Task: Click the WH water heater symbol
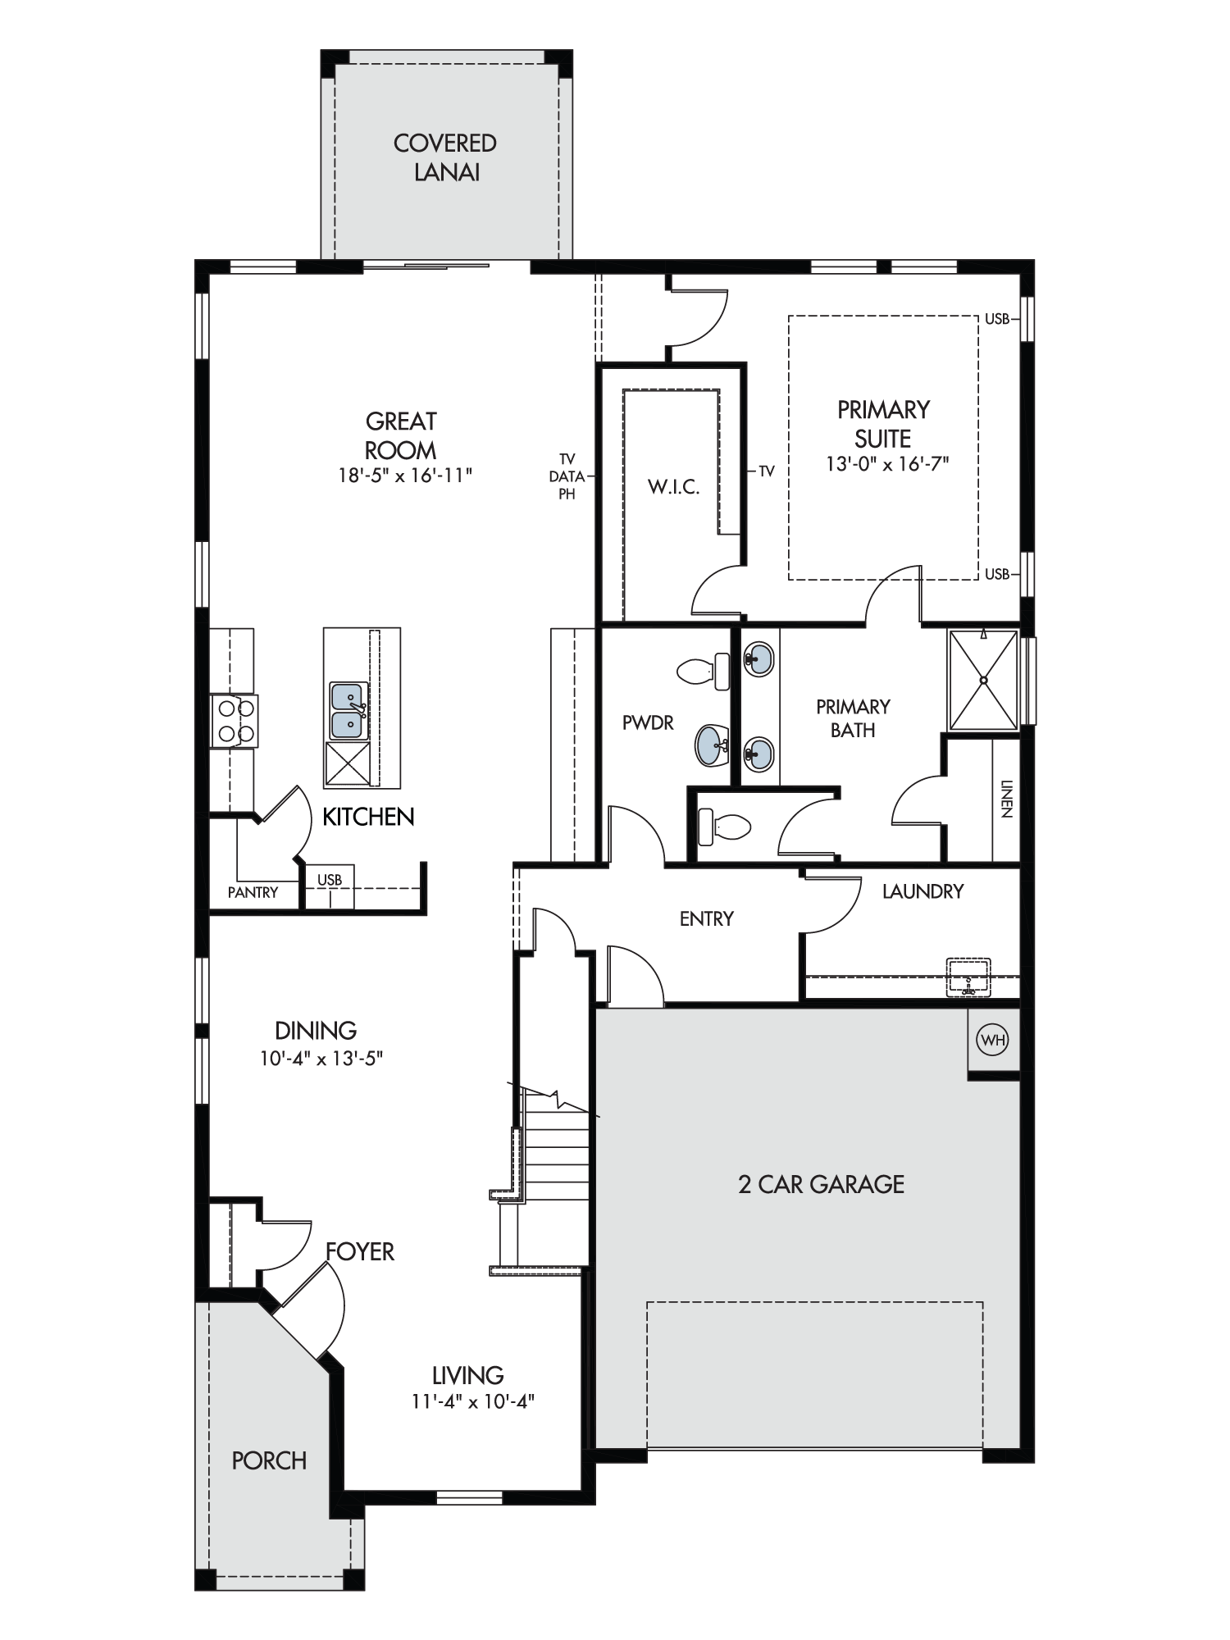tap(992, 1040)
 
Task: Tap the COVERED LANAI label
tap(445, 157)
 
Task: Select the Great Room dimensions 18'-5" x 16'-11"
tap(406, 475)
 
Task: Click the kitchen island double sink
tap(348, 710)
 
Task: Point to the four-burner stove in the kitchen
tap(235, 721)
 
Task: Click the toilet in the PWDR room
tap(704, 672)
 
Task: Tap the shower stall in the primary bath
tap(982, 679)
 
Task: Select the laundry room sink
tap(968, 976)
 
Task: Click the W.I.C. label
tap(673, 487)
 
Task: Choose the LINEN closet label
tap(1006, 799)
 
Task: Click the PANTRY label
tap(253, 892)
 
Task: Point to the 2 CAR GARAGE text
tap(821, 1184)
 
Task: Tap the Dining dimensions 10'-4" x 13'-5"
tap(321, 1059)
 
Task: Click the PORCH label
tap(269, 1460)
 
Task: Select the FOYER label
tap(360, 1251)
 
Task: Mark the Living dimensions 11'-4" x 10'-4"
tap(473, 1401)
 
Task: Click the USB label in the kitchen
tap(330, 880)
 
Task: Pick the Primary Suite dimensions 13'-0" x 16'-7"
tap(887, 463)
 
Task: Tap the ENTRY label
tap(706, 919)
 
